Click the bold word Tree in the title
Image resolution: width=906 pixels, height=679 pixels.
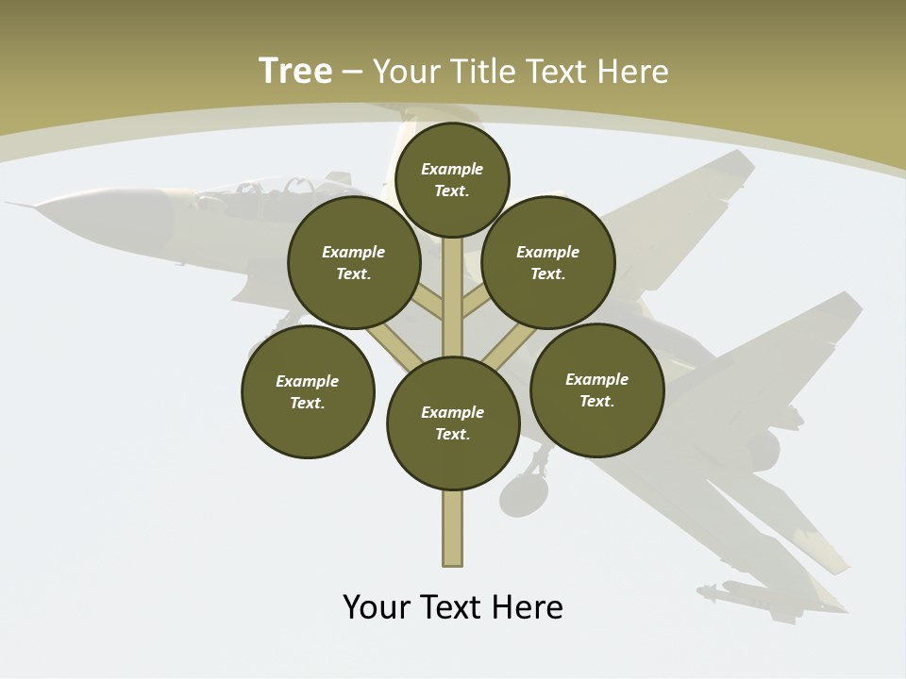tap(295, 71)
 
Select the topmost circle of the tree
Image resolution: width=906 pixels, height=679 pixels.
tap(452, 179)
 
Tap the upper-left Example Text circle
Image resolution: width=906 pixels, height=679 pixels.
tap(354, 262)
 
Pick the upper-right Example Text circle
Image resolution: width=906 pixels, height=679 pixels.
tap(548, 262)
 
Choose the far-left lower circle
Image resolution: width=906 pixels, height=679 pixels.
tap(308, 391)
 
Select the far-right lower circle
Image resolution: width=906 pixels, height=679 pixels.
tap(596, 389)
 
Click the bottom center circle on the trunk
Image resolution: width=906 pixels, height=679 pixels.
tap(453, 422)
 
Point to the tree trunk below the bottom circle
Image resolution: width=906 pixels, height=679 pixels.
tap(453, 528)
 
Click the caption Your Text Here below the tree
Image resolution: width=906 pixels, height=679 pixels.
tap(452, 606)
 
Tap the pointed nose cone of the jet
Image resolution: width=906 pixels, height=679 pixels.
tap(28, 206)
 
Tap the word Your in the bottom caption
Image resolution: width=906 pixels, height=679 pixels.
tap(377, 606)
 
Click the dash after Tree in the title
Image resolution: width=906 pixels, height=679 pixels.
tap(353, 72)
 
